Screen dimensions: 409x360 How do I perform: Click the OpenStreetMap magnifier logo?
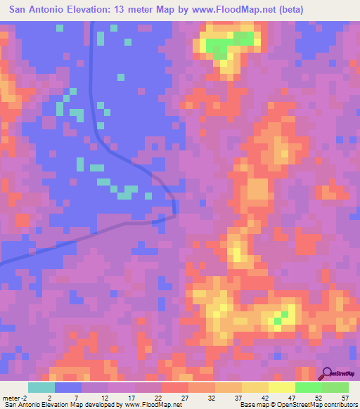[328, 373]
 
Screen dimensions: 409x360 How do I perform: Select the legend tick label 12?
[103, 398]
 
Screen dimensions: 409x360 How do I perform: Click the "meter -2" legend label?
[13, 398]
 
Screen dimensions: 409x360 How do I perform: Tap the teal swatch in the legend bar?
[41, 387]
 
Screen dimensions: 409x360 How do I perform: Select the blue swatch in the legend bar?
[68, 387]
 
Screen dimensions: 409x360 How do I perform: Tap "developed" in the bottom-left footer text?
[101, 405]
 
